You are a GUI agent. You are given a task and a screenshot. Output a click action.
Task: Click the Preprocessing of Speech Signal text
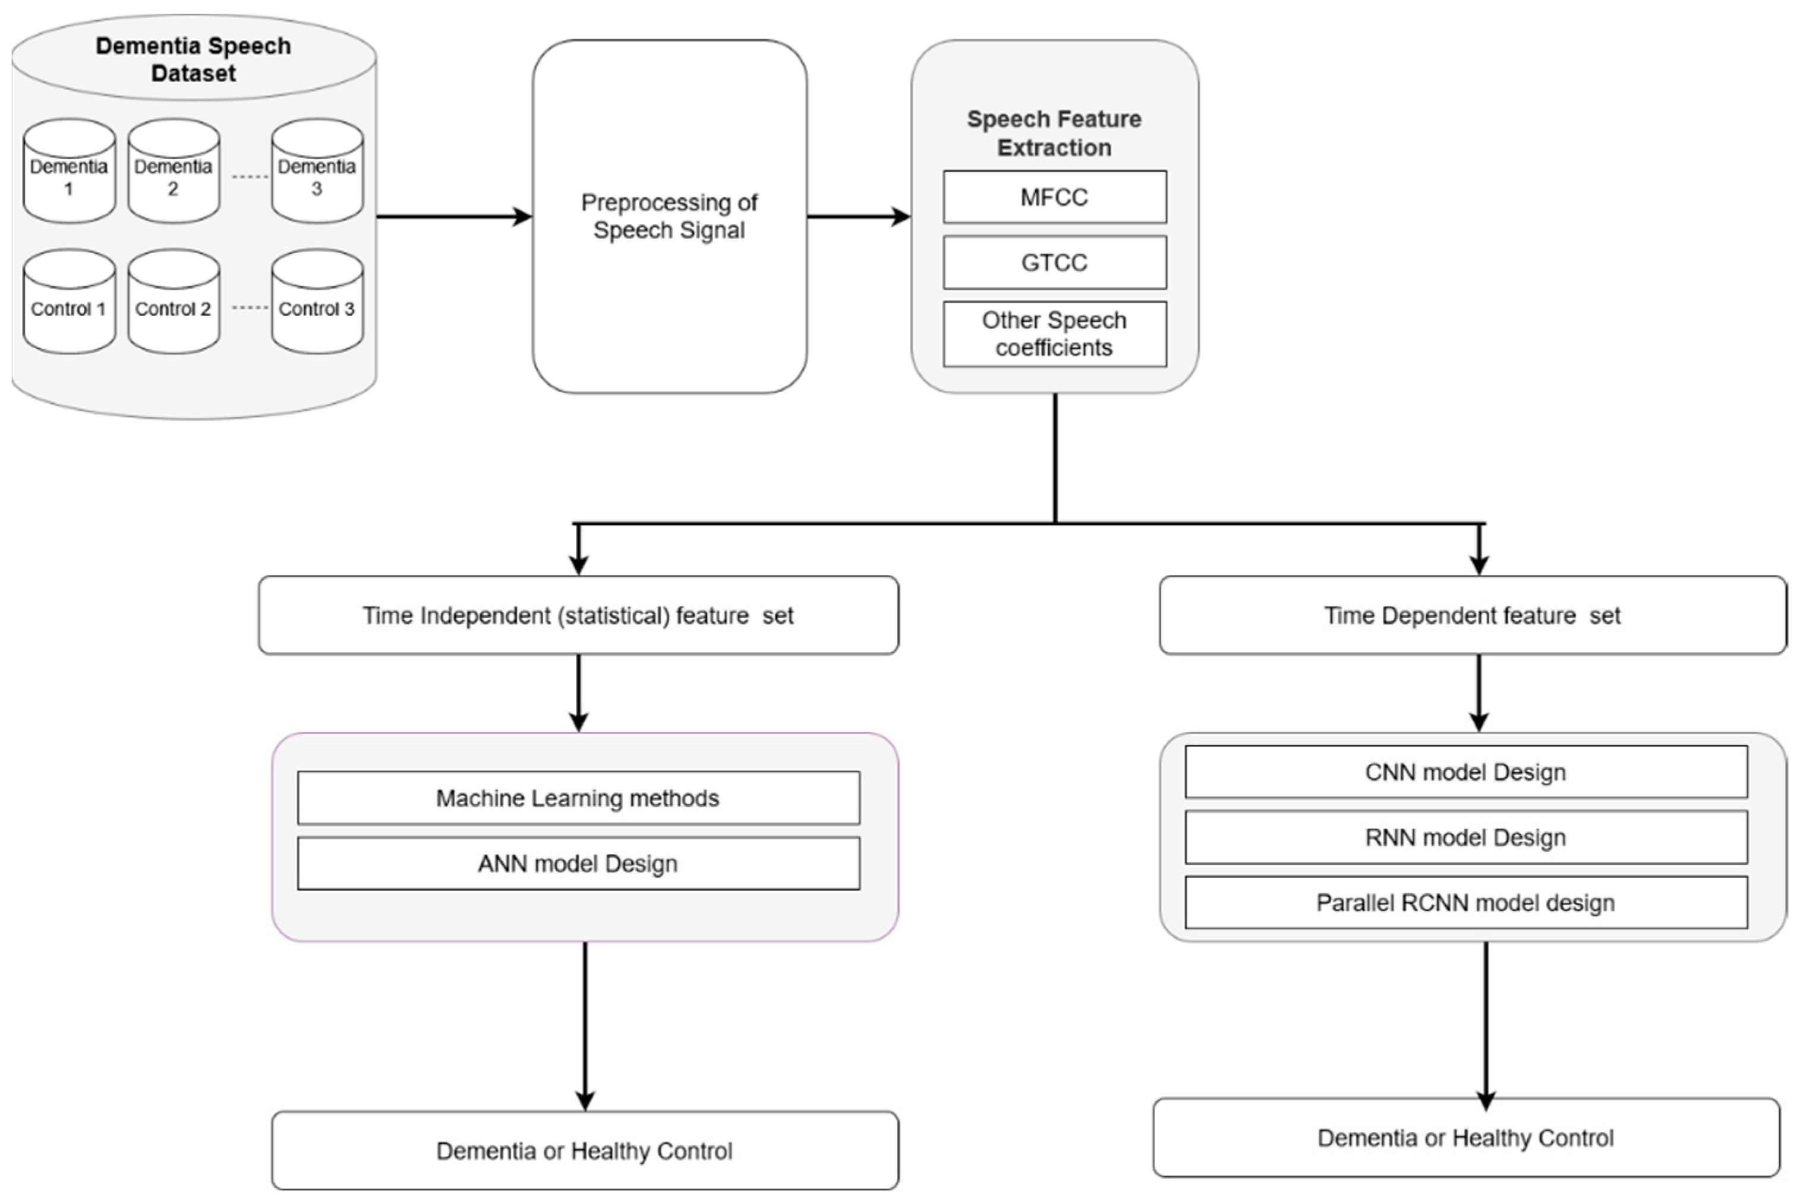(x=669, y=216)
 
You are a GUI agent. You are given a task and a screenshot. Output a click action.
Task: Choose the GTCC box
(x=1054, y=263)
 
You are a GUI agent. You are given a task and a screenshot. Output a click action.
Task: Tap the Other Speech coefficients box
(x=1054, y=334)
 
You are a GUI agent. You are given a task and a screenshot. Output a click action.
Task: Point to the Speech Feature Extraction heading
(x=1054, y=133)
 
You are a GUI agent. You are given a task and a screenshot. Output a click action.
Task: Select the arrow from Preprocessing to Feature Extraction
(x=858, y=217)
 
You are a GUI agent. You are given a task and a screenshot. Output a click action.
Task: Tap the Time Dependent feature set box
(x=1472, y=615)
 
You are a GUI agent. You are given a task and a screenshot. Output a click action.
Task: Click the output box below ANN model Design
(x=584, y=1151)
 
